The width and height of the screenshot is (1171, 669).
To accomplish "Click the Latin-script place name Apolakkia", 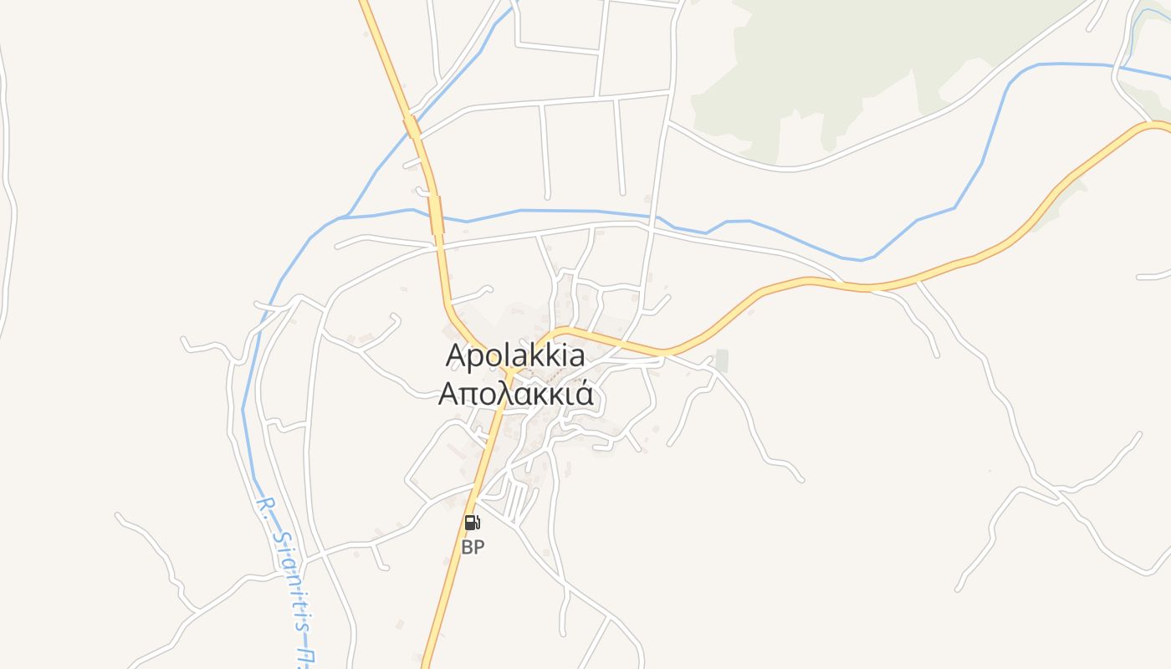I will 515,355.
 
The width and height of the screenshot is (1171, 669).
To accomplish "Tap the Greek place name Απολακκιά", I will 516,393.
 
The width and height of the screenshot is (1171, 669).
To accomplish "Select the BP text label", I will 473,548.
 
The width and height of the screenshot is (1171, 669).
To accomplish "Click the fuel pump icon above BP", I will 473,523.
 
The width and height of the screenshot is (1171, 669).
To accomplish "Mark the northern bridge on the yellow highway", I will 412,128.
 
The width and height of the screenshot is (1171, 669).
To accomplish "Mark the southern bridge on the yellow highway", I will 436,213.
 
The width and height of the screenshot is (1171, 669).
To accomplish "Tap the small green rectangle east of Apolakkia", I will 721,360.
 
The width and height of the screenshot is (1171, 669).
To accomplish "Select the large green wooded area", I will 836,67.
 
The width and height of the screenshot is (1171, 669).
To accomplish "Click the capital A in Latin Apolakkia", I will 457,355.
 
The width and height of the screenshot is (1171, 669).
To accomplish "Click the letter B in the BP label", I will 467,548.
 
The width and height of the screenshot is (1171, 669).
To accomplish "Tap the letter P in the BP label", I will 478,548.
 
